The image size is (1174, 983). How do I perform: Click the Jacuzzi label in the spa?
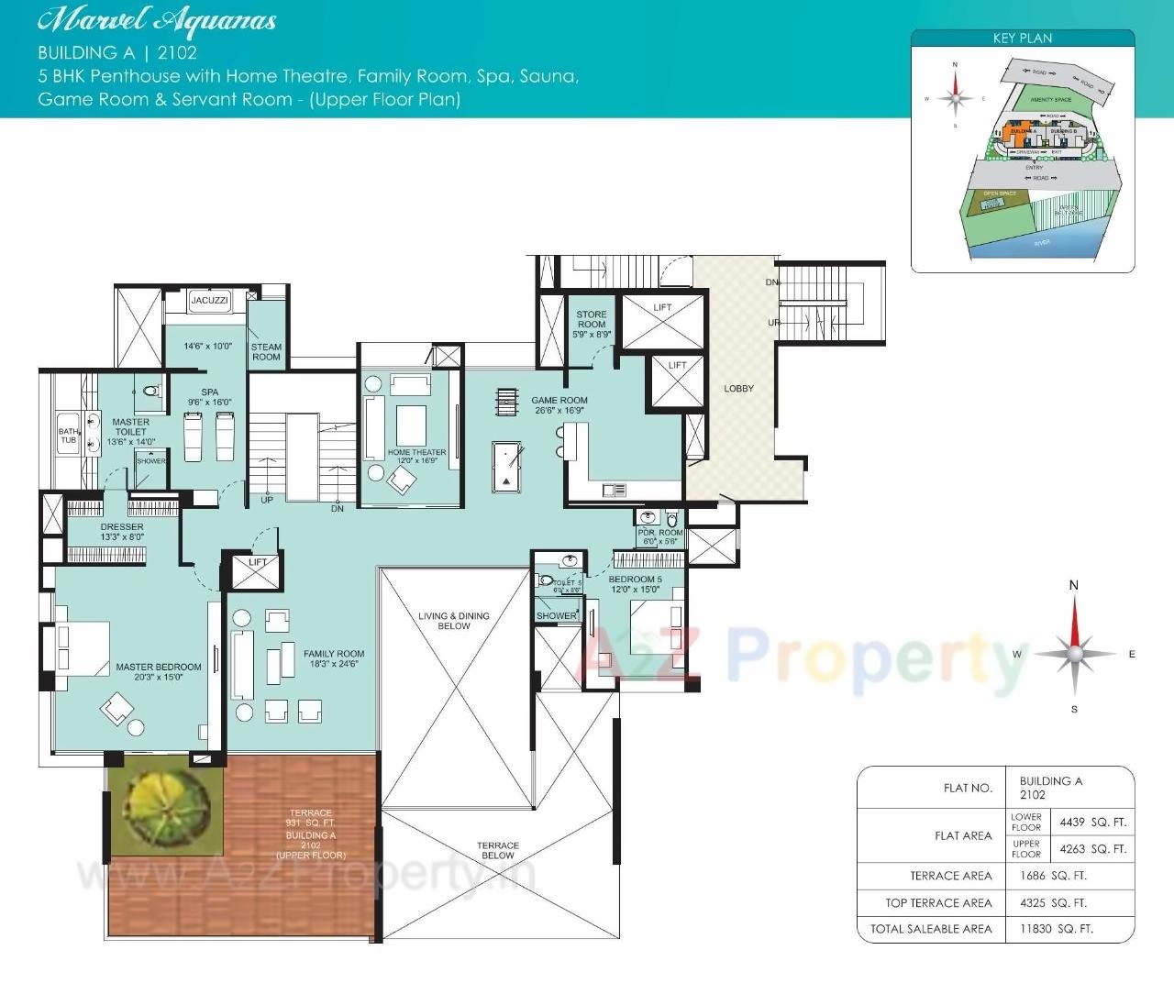pos(209,300)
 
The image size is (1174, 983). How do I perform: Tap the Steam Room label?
pos(266,352)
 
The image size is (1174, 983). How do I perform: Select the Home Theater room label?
pos(416,453)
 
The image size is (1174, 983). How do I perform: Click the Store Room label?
pos(592,319)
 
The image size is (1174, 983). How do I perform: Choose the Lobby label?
pos(738,389)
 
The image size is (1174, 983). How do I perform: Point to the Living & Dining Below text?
pos(454,621)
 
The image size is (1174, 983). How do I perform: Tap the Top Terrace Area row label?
pos(938,903)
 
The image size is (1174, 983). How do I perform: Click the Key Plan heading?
pos(1022,39)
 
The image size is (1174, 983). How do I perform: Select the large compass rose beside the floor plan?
pos(1074,654)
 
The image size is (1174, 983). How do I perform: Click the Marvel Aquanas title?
pos(157,20)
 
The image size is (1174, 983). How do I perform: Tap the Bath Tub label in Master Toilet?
pos(69,436)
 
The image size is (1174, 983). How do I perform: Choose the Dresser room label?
pos(122,527)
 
